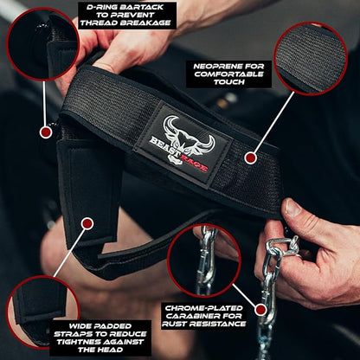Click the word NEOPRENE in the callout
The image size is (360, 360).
[210, 67]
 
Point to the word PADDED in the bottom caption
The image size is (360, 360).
[115, 326]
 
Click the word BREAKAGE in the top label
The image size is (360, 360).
[145, 22]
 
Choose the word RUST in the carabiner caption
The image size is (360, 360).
[175, 325]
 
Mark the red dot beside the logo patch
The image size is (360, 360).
[250, 157]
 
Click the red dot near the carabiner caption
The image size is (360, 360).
[261, 310]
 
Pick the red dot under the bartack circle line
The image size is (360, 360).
[46, 132]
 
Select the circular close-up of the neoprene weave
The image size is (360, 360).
[310, 59]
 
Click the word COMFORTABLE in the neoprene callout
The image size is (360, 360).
[228, 74]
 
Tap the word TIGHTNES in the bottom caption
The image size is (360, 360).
[75, 342]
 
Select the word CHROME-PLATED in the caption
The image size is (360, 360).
[203, 308]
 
